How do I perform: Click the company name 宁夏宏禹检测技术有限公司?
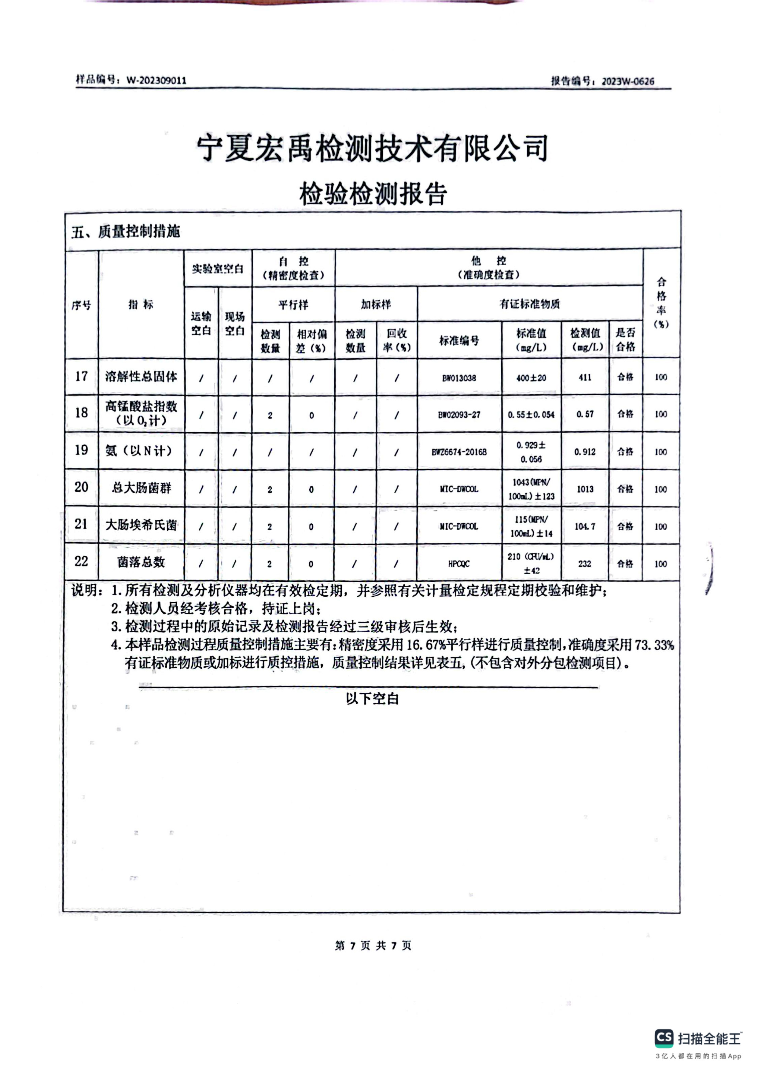372,148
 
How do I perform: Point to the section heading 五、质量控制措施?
126,232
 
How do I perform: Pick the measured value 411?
585,377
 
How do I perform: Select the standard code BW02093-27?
459,415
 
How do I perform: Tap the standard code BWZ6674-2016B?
459,452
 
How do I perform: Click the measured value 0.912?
585,452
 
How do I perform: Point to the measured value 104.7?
585,527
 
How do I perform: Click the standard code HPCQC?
459,564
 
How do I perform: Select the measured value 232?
585,564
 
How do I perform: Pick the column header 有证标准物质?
530,304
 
